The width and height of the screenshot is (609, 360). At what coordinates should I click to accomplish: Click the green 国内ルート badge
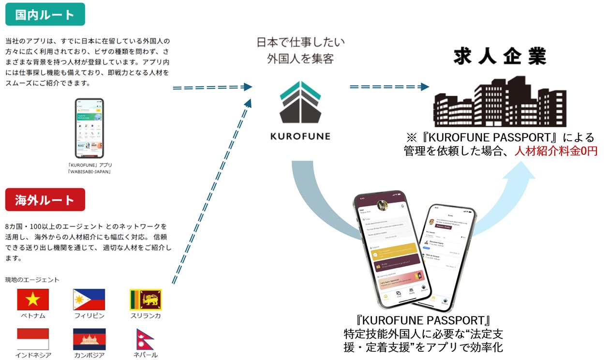[x=45, y=14]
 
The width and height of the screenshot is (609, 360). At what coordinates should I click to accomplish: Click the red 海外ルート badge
[x=45, y=200]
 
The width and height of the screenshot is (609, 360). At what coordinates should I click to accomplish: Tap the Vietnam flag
[x=33, y=300]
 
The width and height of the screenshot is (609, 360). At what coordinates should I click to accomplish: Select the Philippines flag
[x=89, y=300]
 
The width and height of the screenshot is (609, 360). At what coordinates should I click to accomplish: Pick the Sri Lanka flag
[x=146, y=300]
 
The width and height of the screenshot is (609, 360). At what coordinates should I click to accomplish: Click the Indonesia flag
[x=33, y=339]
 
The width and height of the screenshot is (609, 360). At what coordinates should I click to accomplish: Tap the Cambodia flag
[x=89, y=339]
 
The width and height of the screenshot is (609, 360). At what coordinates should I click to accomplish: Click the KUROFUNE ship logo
[x=300, y=103]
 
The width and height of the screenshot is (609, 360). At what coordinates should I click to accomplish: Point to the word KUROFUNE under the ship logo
[x=300, y=136]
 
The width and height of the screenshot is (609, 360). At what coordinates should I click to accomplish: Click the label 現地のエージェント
[x=32, y=280]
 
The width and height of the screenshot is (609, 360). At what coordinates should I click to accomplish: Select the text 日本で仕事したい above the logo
[x=300, y=42]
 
